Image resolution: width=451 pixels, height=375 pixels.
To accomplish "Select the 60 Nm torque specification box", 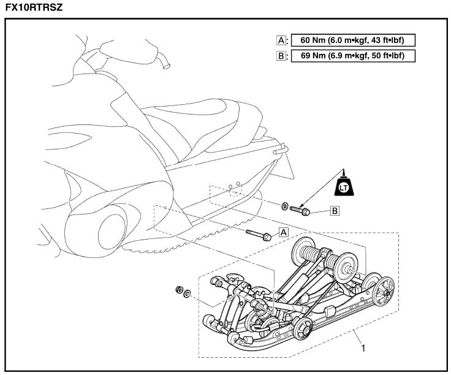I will (351, 40).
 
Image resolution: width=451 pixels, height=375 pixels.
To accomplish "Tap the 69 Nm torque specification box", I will (351, 56).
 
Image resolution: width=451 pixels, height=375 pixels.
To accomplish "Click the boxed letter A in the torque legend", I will (281, 40).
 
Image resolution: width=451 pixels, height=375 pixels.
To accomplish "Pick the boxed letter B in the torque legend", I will (281, 56).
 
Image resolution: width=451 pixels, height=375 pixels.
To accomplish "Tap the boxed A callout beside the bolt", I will (283, 232).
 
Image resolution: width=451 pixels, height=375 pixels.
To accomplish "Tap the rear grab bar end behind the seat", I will (284, 148).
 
